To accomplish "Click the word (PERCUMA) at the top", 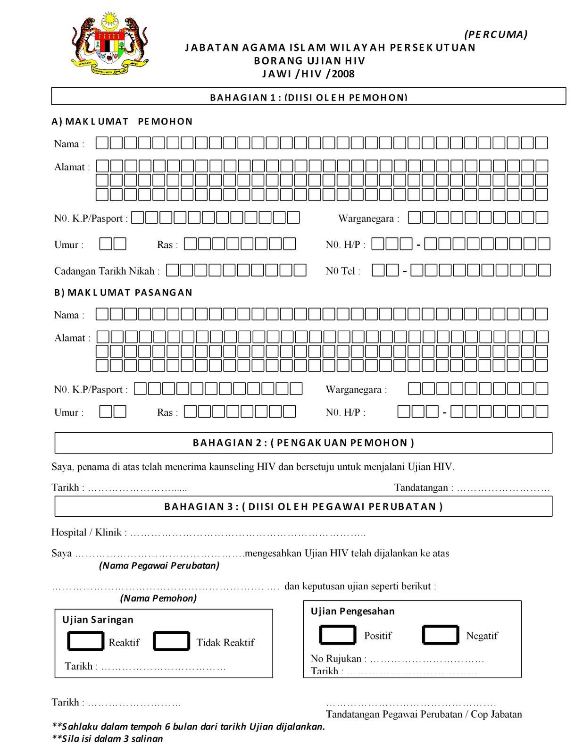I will tap(496, 34).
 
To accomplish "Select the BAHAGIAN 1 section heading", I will tap(308, 97).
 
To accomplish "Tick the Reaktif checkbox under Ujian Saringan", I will tap(85, 641).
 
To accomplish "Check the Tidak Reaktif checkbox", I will tap(171, 641).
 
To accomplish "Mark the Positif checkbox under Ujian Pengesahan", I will tap(338, 635).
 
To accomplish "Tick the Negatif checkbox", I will tap(440, 635).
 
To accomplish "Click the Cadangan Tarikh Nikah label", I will tap(107, 271).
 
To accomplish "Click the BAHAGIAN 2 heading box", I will tap(303, 443).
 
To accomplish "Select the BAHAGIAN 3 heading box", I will tap(303, 506).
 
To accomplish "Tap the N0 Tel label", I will tap(342, 271).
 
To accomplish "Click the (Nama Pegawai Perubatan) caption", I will tap(159, 565).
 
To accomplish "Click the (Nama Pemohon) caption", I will tap(158, 598).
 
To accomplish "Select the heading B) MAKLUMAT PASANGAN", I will tap(123, 293).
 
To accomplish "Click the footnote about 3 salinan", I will tap(107, 738).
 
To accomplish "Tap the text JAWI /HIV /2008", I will tap(308, 74).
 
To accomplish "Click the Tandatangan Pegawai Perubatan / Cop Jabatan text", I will tap(424, 714).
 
